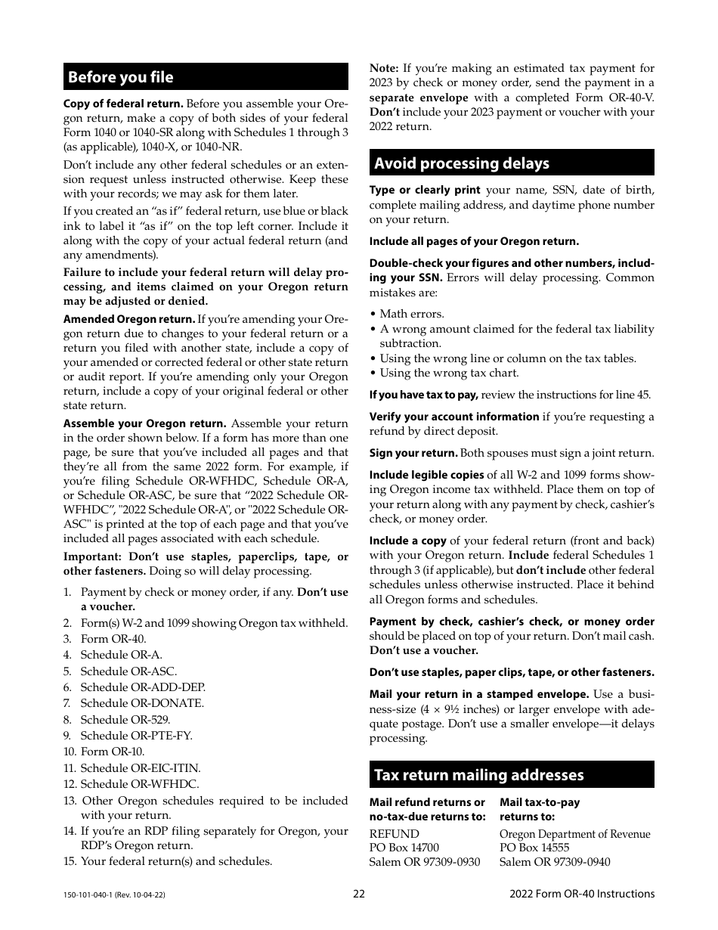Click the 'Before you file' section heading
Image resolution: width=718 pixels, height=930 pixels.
tap(121, 77)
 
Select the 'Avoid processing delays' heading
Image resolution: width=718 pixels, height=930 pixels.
tap(462, 163)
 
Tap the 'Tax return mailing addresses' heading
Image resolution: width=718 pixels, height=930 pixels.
tap(479, 775)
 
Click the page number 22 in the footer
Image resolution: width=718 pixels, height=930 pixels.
tap(359, 894)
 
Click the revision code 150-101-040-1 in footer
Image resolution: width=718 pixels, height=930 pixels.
tap(114, 894)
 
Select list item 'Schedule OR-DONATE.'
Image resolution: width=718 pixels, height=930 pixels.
tap(142, 703)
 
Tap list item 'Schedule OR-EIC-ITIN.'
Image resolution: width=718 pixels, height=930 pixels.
tap(140, 768)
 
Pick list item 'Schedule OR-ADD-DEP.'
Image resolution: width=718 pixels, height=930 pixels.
tap(143, 687)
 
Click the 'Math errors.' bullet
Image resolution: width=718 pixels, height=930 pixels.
tap(411, 314)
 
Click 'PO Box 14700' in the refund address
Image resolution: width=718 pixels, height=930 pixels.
tap(404, 848)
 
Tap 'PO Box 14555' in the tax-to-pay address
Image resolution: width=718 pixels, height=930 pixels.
tap(534, 848)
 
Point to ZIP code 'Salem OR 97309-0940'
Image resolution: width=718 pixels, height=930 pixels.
tap(555, 862)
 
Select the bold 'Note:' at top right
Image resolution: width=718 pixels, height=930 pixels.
tap(384, 68)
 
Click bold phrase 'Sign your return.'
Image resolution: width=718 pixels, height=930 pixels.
tap(413, 454)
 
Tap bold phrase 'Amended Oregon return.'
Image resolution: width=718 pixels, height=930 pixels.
tap(129, 320)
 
